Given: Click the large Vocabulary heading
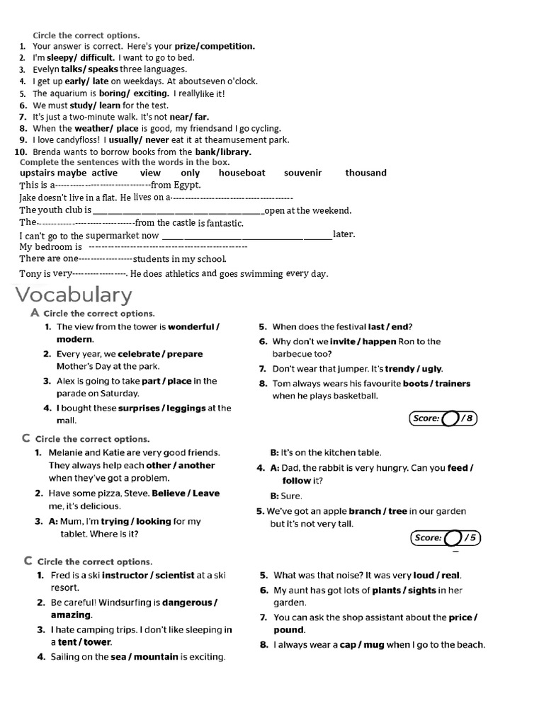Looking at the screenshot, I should click(x=74, y=295).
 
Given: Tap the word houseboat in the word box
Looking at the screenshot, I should click(x=242, y=173).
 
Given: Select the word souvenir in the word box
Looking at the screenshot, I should click(x=302, y=173).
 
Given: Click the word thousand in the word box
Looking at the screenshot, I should click(x=365, y=173).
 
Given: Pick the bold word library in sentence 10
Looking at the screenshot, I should click(x=234, y=152).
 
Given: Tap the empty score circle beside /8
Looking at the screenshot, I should click(x=450, y=418).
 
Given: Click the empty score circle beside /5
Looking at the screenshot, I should click(x=455, y=538).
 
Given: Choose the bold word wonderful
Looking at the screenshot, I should click(x=191, y=327).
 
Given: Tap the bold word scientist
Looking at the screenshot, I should click(x=174, y=576).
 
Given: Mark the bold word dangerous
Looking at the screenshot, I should click(x=186, y=603).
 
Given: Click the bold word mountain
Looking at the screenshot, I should click(x=156, y=657).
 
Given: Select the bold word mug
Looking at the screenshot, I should click(x=373, y=645).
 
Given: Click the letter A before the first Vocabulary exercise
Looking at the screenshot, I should click(x=35, y=312).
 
